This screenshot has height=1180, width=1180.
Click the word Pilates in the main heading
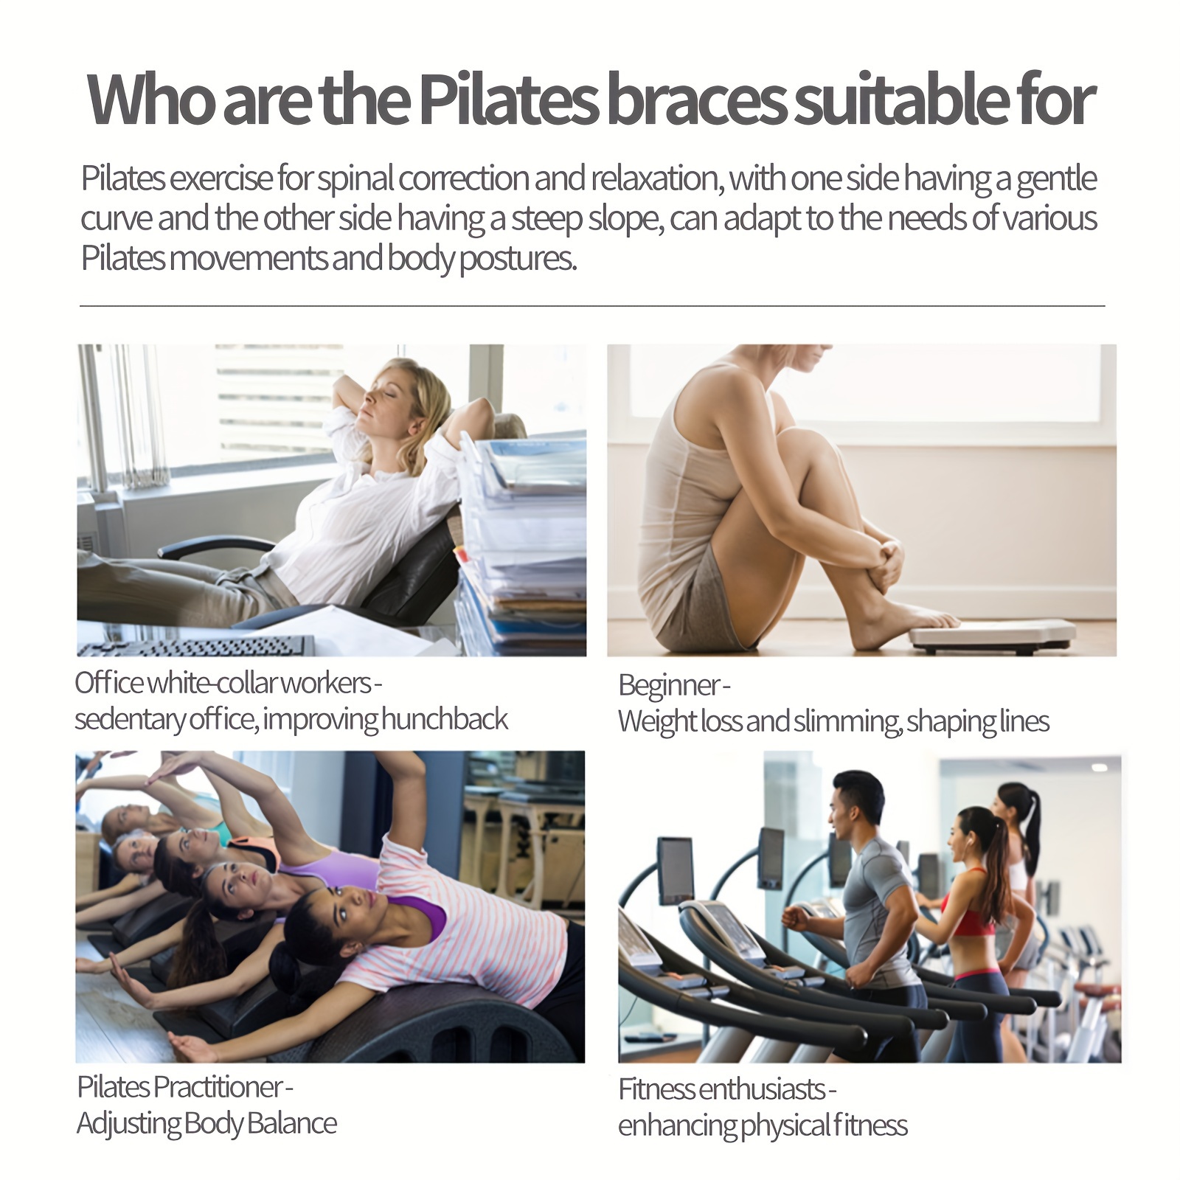tap(508, 100)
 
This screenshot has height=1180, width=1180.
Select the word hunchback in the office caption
tap(445, 719)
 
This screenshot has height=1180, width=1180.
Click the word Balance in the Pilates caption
tap(291, 1123)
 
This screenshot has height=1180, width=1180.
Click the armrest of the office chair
tap(214, 546)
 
